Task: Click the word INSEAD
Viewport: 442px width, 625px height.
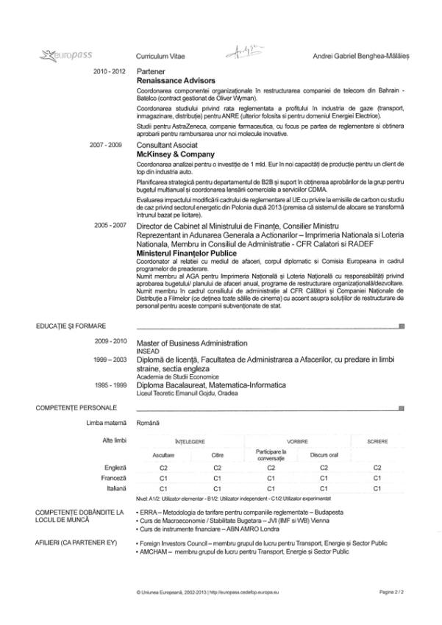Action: point(149,350)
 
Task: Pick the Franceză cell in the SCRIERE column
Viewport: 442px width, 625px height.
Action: point(377,477)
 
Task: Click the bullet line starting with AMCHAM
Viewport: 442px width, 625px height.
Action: point(243,550)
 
